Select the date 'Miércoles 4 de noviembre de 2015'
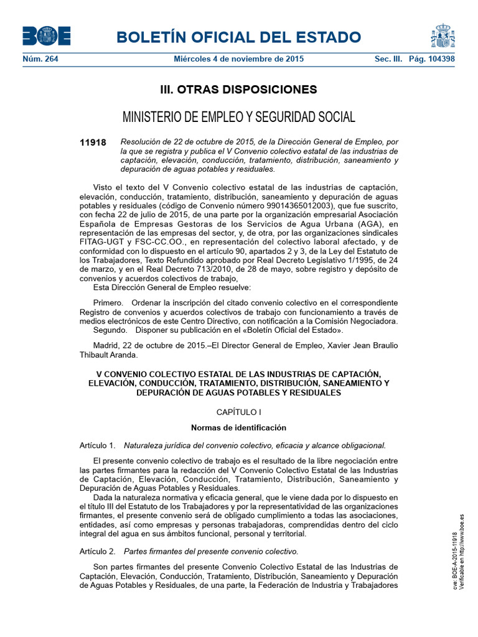(x=238, y=58)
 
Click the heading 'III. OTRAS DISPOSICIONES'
(x=239, y=90)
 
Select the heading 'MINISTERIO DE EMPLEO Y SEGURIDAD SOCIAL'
(x=239, y=117)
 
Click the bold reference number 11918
(x=93, y=142)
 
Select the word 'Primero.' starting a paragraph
(x=108, y=302)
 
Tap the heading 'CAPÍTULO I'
(x=239, y=412)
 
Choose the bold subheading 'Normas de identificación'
(x=239, y=428)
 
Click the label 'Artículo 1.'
(x=98, y=445)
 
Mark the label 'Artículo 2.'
(x=98, y=551)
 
